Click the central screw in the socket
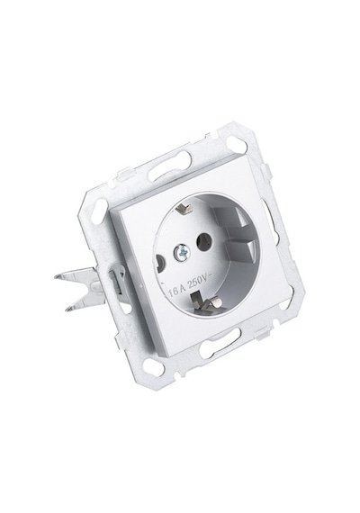coord(181,252)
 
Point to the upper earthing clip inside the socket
coord(184,208)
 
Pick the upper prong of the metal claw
coord(76,274)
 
